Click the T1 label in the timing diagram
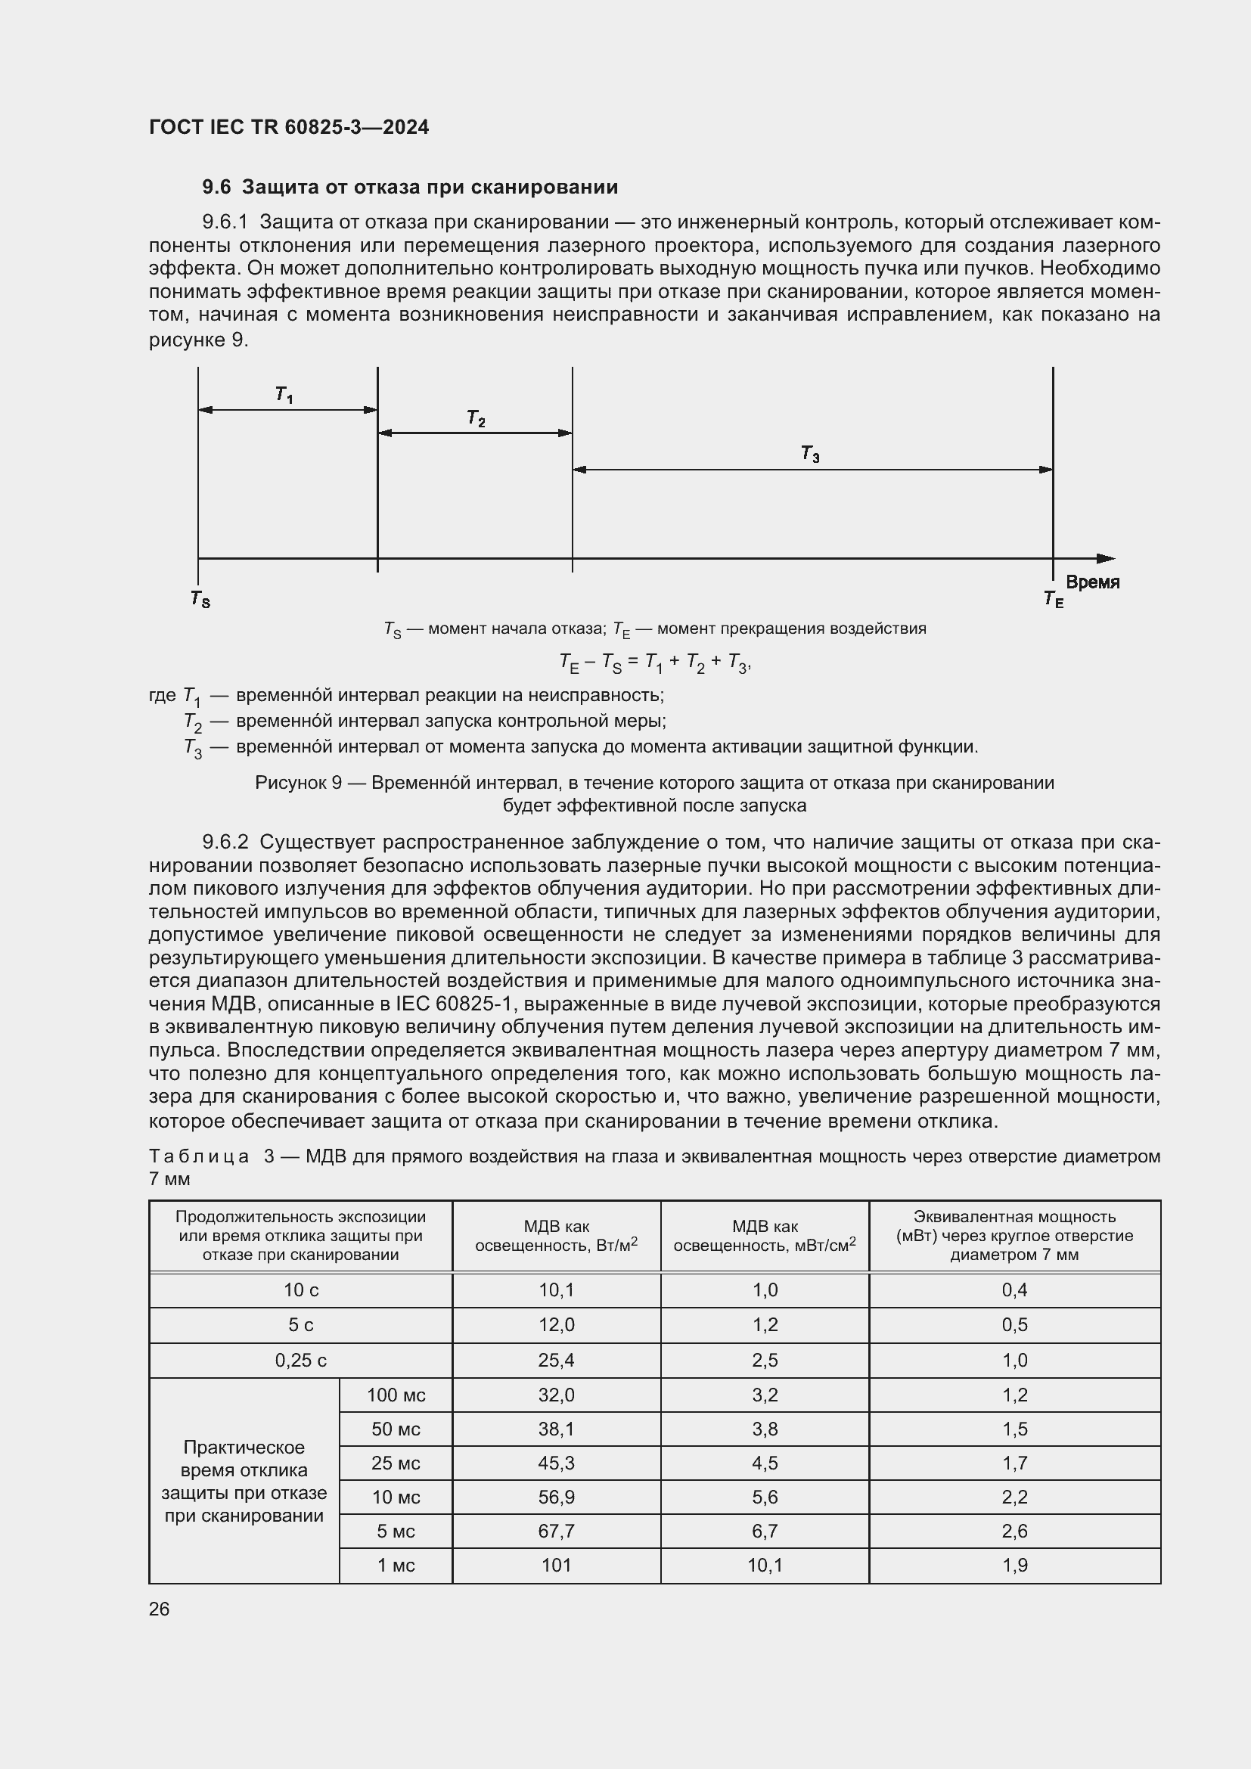[x=284, y=396]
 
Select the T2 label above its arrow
[x=476, y=418]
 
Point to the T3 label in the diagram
[x=810, y=455]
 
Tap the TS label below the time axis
[x=200, y=599]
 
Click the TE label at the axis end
[x=1053, y=599]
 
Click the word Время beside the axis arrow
[x=1092, y=582]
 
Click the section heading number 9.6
[x=216, y=188]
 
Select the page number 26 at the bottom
[x=160, y=1609]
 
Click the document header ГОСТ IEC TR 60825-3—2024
[x=289, y=127]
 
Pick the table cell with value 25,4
[x=556, y=1360]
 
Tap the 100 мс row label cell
[x=396, y=1395]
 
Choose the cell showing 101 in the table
[x=556, y=1565]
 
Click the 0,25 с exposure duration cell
[x=300, y=1360]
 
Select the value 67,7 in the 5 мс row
[x=556, y=1531]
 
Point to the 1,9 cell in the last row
[x=1014, y=1565]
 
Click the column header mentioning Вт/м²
[x=556, y=1236]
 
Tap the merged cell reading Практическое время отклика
[x=244, y=1481]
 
